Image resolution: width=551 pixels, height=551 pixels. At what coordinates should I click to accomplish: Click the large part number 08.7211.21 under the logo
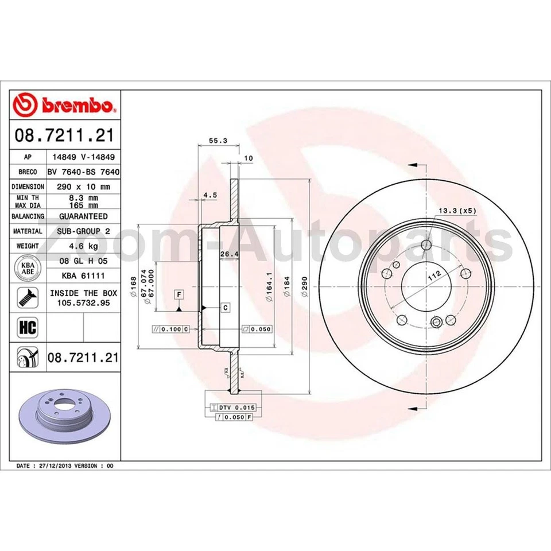[64, 136]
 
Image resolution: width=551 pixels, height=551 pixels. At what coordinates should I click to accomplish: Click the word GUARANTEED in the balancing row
[83, 216]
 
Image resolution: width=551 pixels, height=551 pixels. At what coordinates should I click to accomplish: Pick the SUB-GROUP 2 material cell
[83, 231]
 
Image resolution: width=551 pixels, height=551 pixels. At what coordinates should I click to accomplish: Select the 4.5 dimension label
[210, 195]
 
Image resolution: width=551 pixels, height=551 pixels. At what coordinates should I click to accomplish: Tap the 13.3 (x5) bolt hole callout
[457, 211]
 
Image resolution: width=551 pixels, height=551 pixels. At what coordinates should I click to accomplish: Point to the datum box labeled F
[180, 294]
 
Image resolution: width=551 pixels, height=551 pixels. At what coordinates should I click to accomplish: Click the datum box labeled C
[225, 308]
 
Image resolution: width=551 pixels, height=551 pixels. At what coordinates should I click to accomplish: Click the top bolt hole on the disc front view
[425, 246]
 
